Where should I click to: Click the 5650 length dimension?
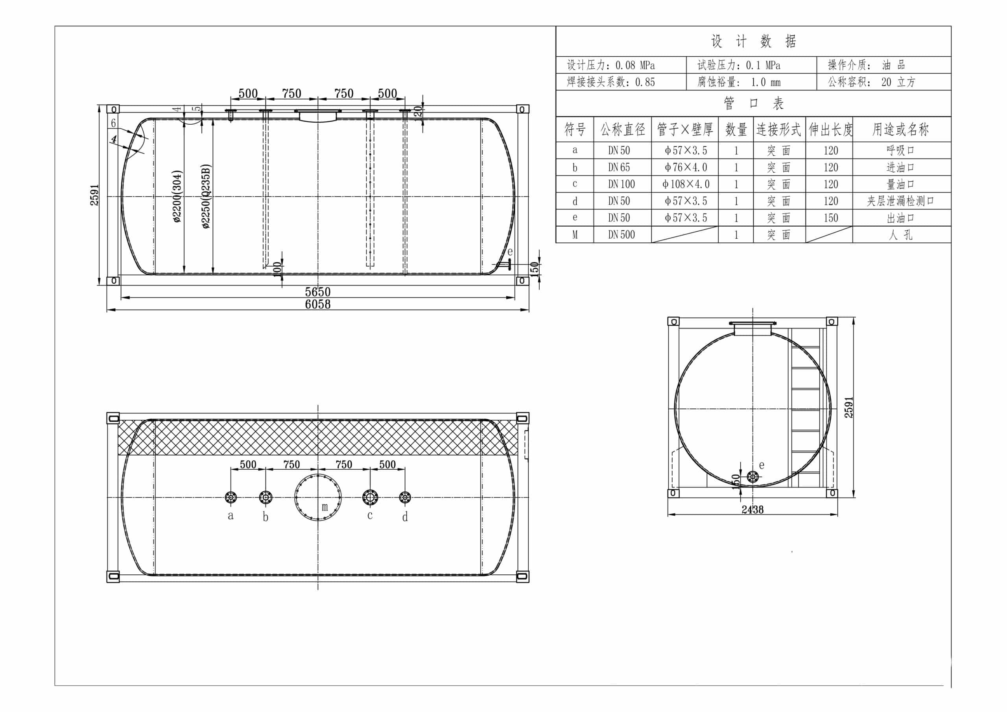click(x=317, y=292)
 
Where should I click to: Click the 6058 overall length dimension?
click(x=317, y=304)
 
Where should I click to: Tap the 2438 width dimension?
click(x=752, y=509)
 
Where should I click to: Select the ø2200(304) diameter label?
click(x=177, y=196)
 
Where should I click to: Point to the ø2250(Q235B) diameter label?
click(x=206, y=196)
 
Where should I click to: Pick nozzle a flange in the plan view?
click(x=231, y=497)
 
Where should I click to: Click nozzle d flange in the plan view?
click(x=405, y=497)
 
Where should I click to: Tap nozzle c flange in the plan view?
click(x=370, y=497)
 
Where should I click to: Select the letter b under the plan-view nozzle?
click(x=266, y=517)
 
